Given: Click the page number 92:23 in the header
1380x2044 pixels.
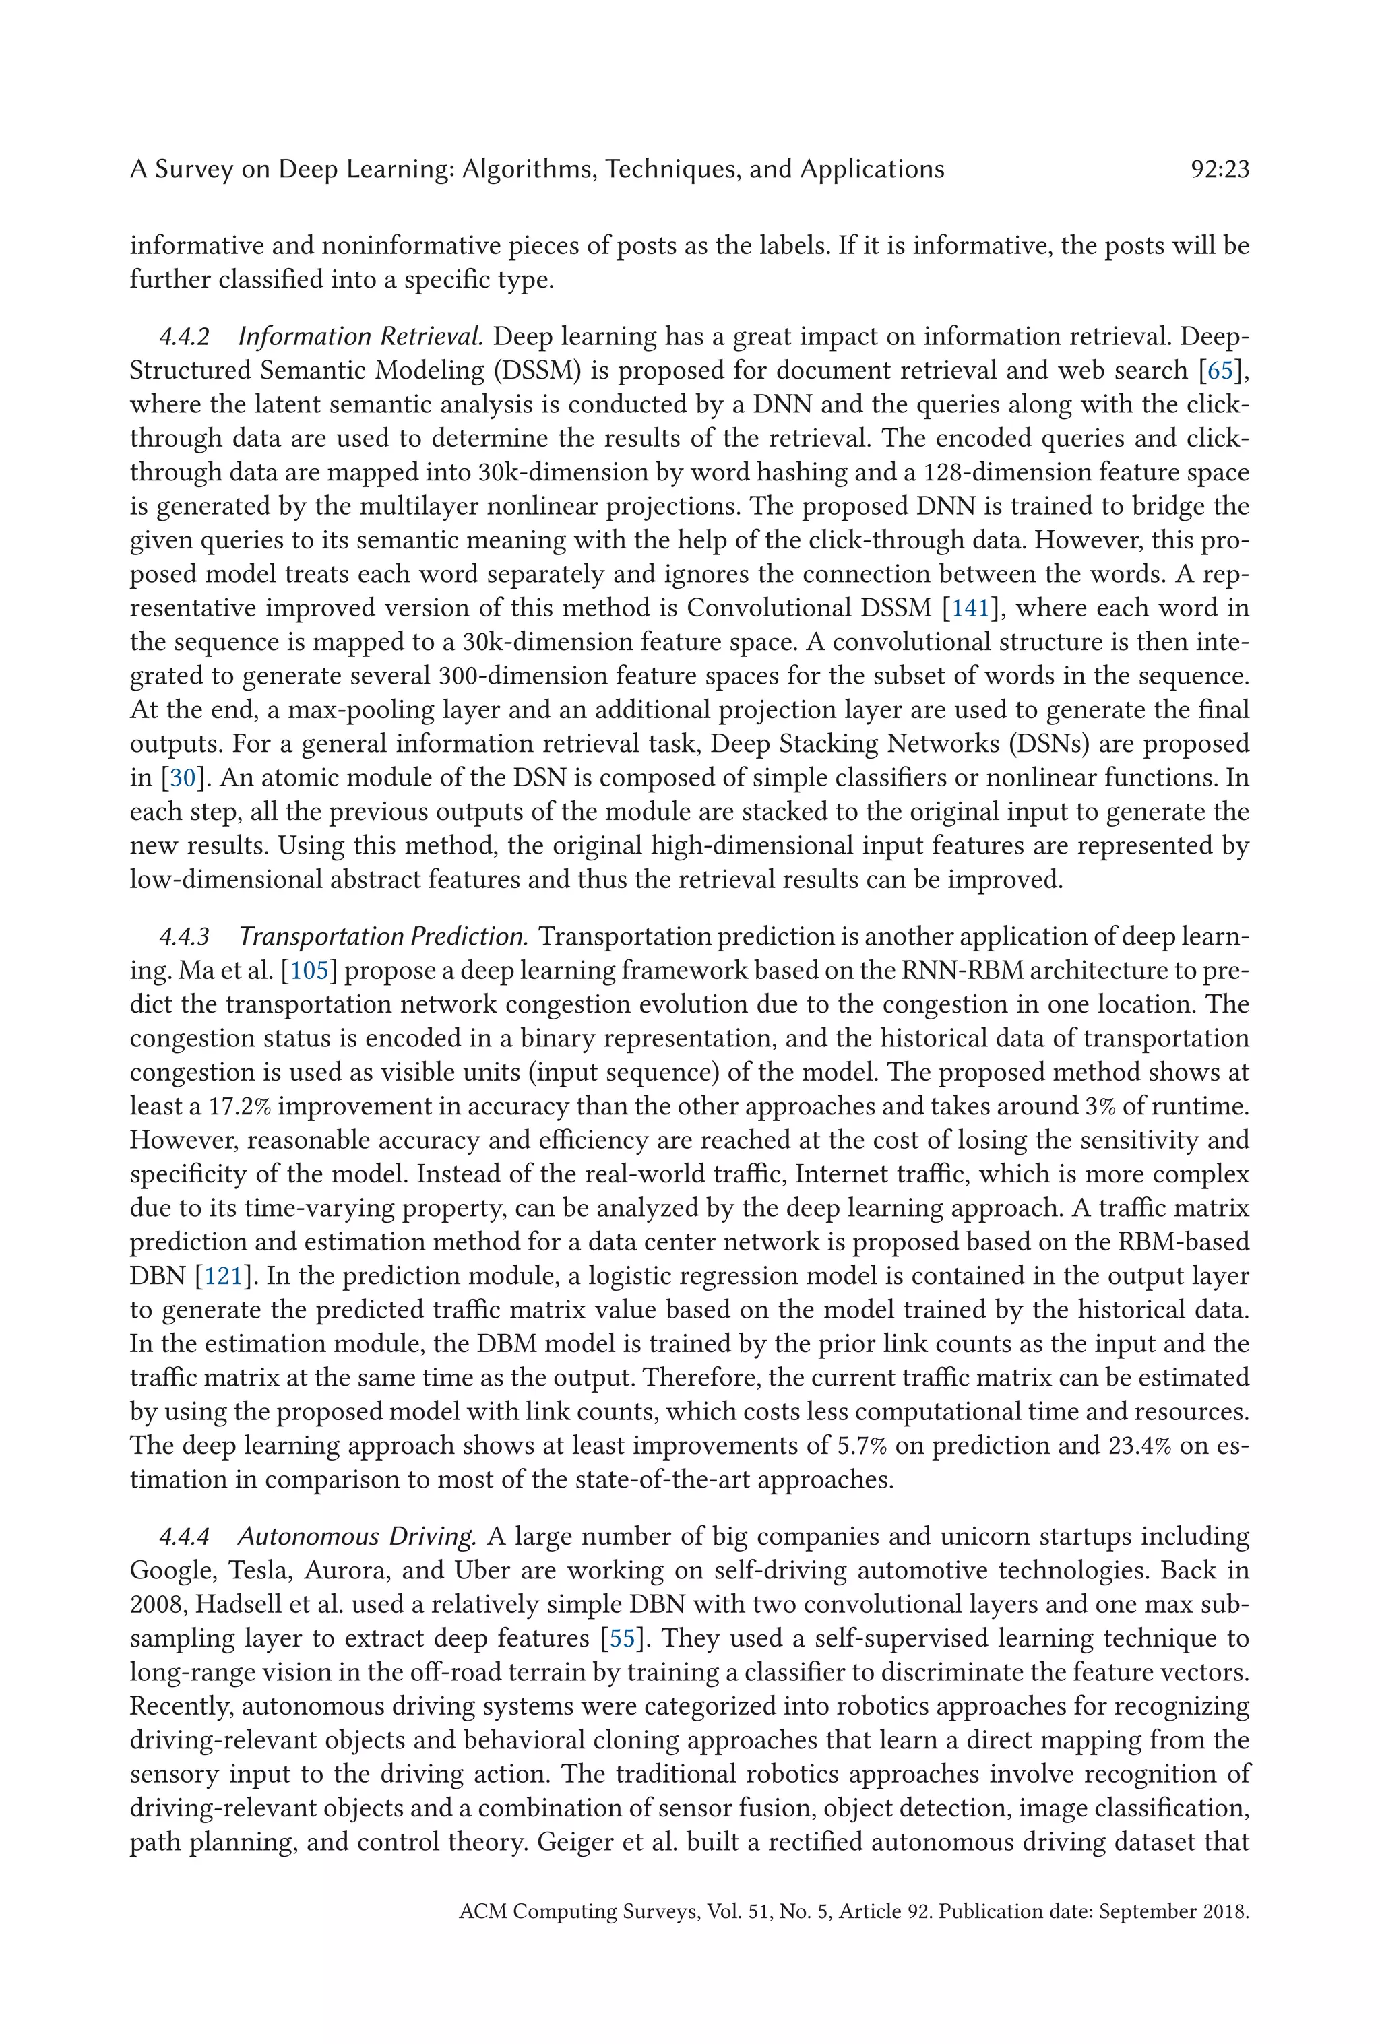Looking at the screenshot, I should (x=1219, y=169).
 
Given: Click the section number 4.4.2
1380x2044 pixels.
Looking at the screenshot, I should (x=184, y=337).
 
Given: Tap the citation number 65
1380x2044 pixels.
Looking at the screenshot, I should (x=1219, y=371).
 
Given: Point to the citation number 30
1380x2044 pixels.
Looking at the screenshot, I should (x=182, y=777).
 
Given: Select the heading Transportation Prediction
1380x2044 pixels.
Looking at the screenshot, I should (x=383, y=936).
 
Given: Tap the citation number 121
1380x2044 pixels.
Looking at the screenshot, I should (x=224, y=1275).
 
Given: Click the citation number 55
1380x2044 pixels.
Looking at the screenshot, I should (x=622, y=1638).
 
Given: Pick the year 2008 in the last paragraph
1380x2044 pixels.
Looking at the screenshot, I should (x=156, y=1604).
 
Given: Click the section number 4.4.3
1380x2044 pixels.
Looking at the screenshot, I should (x=184, y=936).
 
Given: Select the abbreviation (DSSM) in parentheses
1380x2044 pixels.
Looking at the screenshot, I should (x=538, y=371).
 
